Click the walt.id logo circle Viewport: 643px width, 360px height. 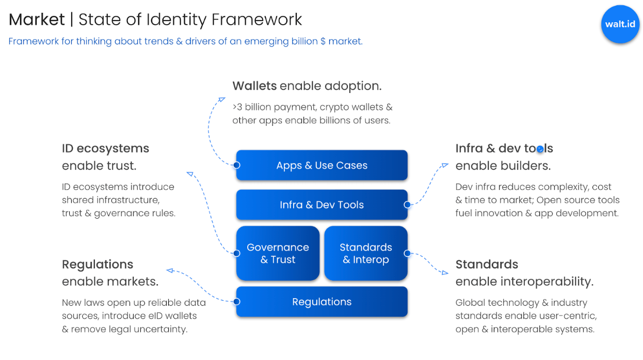620,24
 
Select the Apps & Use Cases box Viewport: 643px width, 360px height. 321,165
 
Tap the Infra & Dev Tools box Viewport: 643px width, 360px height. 321,205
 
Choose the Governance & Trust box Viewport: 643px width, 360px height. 278,253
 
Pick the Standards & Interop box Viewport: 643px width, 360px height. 365,253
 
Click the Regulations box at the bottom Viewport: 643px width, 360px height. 321,302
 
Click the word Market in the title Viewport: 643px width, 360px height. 37,20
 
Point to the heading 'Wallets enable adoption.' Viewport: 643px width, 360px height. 307,86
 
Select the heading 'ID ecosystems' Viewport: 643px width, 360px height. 105,149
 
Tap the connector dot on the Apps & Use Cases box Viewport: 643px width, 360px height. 236,165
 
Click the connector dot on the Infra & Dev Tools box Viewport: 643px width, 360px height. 407,205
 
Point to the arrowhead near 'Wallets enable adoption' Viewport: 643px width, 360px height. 222,99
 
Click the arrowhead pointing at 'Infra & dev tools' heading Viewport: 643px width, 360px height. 445,166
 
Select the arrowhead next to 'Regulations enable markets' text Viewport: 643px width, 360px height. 170,270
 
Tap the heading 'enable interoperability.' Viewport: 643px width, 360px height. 524,282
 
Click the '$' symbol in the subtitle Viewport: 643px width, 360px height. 323,41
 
